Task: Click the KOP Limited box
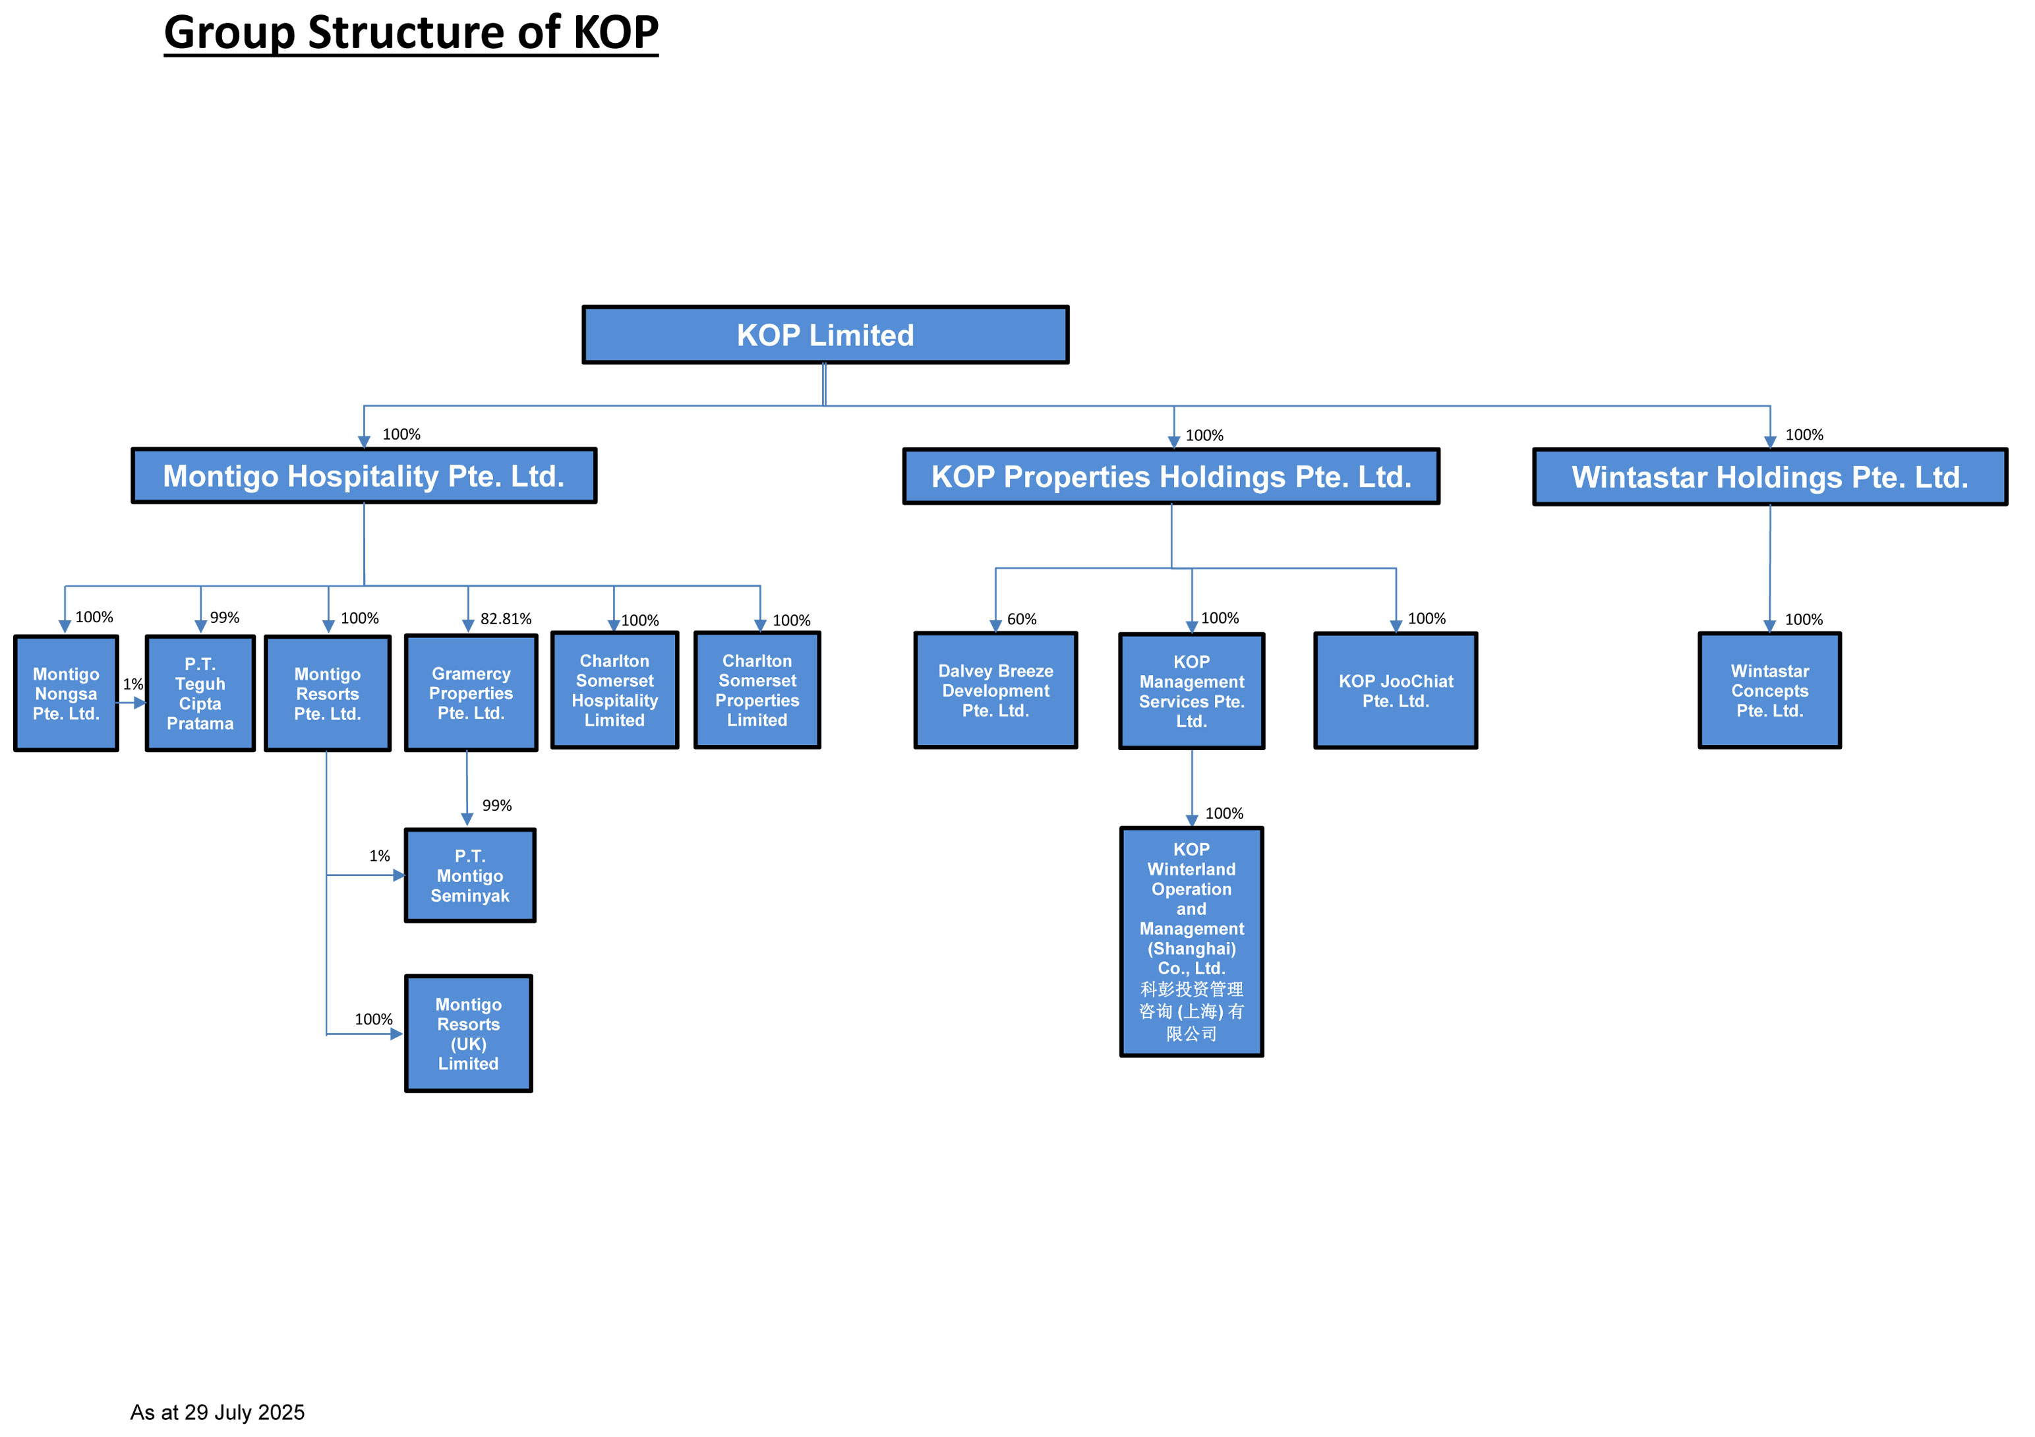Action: pyautogui.click(x=825, y=335)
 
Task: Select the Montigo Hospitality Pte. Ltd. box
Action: pyautogui.click(x=365, y=476)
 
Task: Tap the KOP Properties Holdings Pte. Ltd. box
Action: pyautogui.click(x=1171, y=477)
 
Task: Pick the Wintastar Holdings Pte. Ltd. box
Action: pyautogui.click(x=1770, y=477)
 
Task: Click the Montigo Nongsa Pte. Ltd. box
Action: pyautogui.click(x=67, y=693)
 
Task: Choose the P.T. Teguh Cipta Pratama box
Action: pyautogui.click(x=200, y=693)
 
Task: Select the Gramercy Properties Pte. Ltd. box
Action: pyautogui.click(x=471, y=693)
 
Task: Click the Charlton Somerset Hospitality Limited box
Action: pyautogui.click(x=614, y=691)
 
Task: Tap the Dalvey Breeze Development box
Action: pyautogui.click(x=995, y=691)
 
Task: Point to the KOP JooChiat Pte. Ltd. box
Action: pyautogui.click(x=1396, y=691)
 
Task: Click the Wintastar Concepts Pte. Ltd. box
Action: pyautogui.click(x=1770, y=691)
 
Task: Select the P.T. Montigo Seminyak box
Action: pyautogui.click(x=470, y=876)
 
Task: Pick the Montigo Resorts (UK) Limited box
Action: pyautogui.click(x=469, y=1034)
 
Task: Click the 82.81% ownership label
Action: pyautogui.click(x=506, y=619)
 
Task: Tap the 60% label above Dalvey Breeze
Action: pyautogui.click(x=1022, y=619)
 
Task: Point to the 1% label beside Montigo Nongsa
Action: pyautogui.click(x=133, y=684)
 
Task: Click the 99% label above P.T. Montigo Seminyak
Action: pyautogui.click(x=497, y=806)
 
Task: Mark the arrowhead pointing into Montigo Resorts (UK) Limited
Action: pyautogui.click(x=397, y=1034)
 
